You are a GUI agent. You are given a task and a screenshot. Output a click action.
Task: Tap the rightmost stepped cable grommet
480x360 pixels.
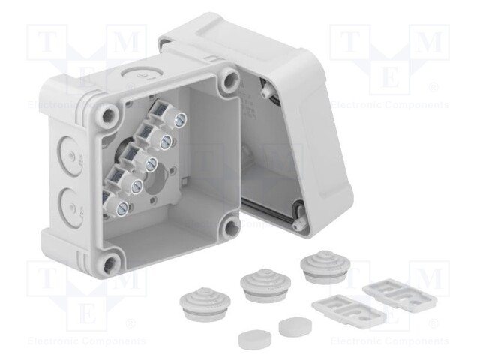(x=322, y=266)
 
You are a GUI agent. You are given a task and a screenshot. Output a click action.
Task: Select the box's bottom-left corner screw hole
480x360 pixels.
(x=111, y=262)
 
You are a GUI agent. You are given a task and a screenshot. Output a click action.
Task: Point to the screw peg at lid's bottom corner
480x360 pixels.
(x=299, y=223)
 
